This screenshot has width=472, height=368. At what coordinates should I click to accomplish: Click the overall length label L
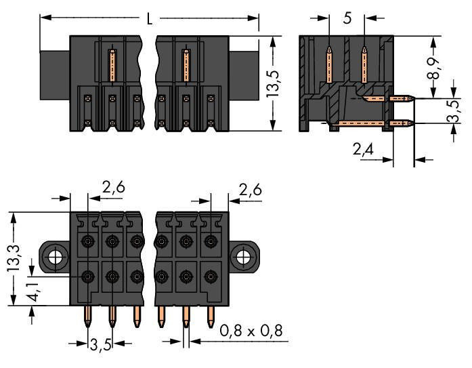pyautogui.click(x=149, y=18)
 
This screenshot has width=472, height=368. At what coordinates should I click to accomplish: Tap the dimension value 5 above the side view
pyautogui.click(x=347, y=18)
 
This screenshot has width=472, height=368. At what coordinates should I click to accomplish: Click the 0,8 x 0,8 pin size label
pyautogui.click(x=250, y=331)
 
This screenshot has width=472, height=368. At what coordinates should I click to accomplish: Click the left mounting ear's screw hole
pyautogui.click(x=56, y=257)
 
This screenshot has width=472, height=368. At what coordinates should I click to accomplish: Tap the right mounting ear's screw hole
pyautogui.click(x=242, y=257)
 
